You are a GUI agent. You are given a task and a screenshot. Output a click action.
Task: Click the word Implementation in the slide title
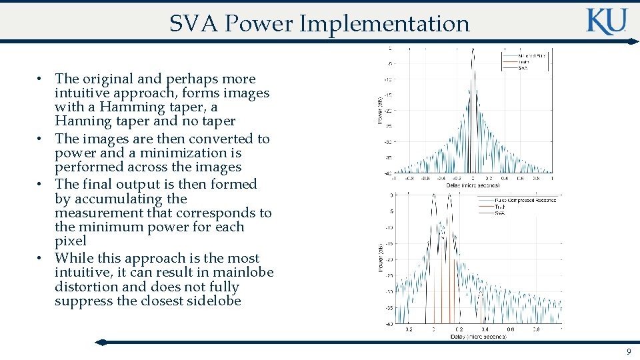pyautogui.click(x=385, y=24)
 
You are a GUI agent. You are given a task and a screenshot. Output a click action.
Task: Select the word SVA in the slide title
pyautogui.click(x=194, y=24)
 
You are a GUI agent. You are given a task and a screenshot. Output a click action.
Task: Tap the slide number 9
pyautogui.click(x=628, y=352)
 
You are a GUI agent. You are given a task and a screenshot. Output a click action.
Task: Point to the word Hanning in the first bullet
pyautogui.click(x=82, y=121)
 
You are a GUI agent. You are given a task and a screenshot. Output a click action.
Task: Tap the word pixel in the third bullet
pyautogui.click(x=71, y=241)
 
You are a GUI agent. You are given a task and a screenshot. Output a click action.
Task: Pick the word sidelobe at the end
pyautogui.click(x=208, y=301)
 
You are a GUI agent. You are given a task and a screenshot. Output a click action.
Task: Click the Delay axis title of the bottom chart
pyautogui.click(x=478, y=337)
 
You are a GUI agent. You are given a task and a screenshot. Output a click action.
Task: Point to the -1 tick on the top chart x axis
pyautogui.click(x=393, y=179)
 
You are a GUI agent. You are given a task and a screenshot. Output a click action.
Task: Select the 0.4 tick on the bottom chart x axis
pyautogui.click(x=485, y=329)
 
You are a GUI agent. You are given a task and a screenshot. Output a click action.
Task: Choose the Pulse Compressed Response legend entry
pyautogui.click(x=525, y=200)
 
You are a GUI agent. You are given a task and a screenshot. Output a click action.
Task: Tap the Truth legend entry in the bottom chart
pyautogui.click(x=500, y=206)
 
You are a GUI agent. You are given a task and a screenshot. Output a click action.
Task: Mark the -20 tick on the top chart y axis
pyautogui.click(x=387, y=111)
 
